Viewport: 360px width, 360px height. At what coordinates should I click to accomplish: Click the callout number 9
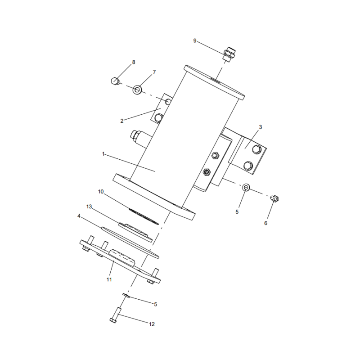pos(195,41)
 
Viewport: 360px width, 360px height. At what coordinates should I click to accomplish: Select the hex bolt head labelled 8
pos(115,81)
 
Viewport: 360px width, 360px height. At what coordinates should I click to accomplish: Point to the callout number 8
pos(133,62)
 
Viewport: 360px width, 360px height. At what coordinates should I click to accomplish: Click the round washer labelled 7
pos(137,90)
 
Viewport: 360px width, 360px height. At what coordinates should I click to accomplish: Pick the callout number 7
pos(154,72)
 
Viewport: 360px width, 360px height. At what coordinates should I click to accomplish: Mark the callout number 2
pos(122,121)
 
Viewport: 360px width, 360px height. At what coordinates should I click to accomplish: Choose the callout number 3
pos(260,127)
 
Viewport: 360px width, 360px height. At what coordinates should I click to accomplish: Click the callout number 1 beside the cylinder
pos(103,154)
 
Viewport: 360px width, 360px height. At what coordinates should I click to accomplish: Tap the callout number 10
pos(101,191)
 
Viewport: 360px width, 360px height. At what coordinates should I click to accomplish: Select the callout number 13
pos(89,206)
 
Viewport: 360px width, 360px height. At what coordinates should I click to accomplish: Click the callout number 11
pos(108,279)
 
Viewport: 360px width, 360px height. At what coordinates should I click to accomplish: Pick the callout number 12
pos(152,324)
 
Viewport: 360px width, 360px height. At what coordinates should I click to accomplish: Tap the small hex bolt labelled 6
pos(276,198)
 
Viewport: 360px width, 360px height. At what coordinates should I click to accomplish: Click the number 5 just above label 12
pos(155,304)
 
